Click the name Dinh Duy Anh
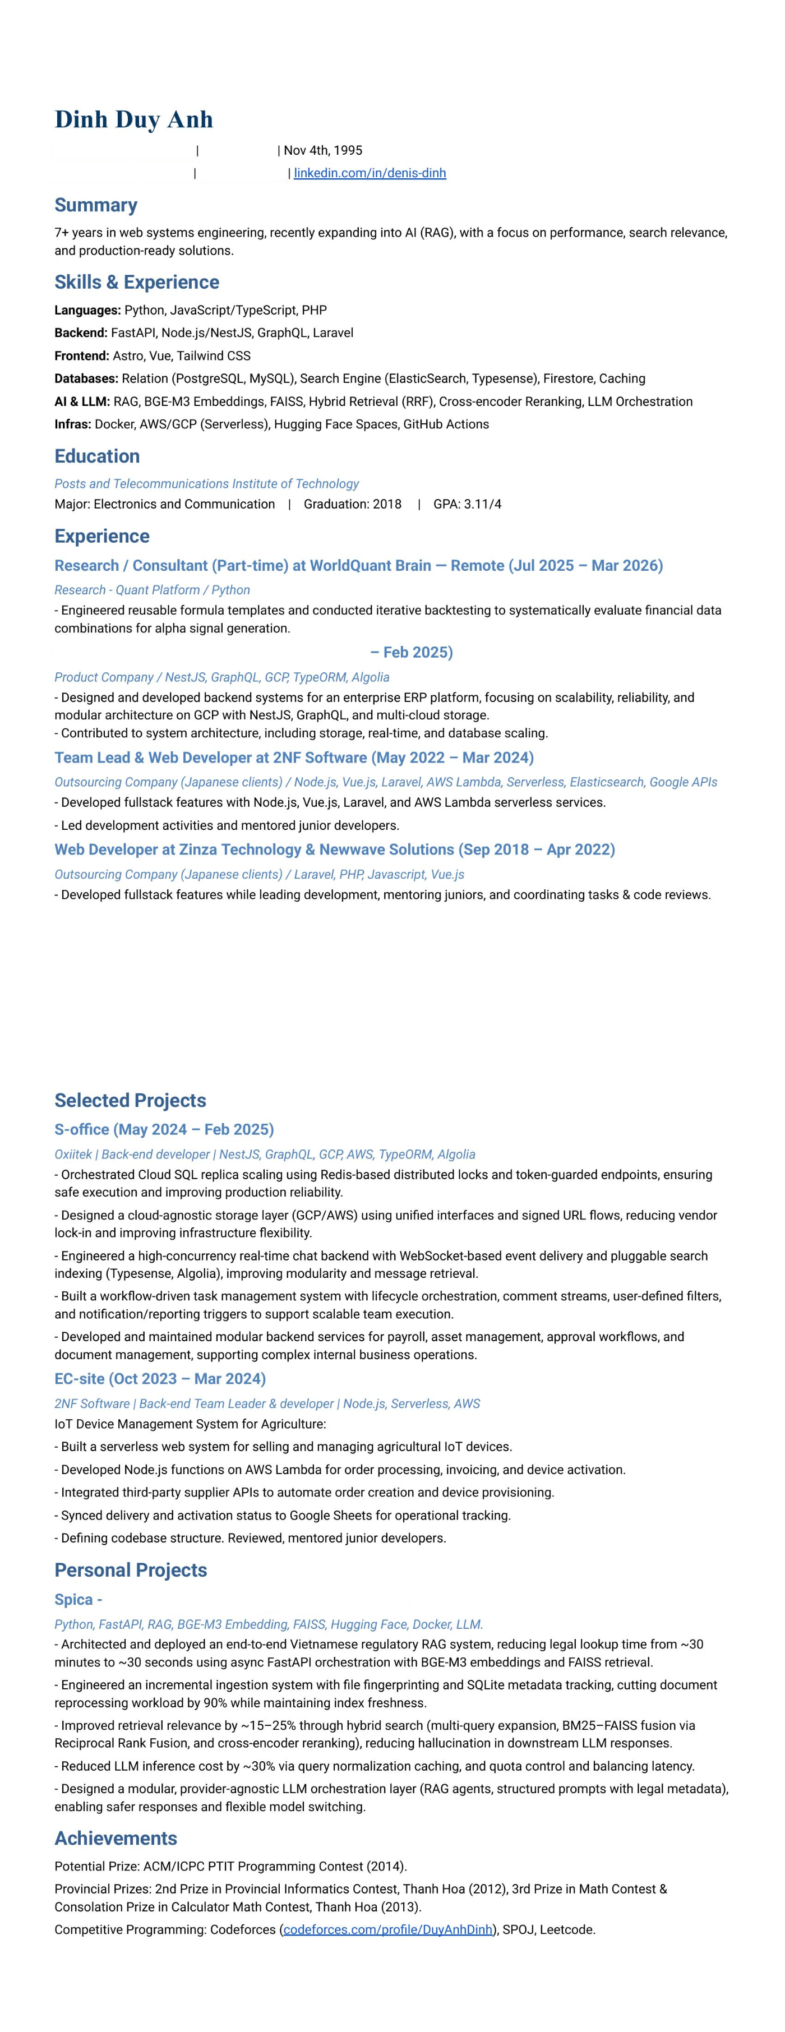tap(133, 119)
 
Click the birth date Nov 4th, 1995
tap(322, 150)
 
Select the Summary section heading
tap(95, 205)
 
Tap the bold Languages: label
tap(87, 310)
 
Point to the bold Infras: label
tap(72, 424)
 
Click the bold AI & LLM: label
tap(82, 401)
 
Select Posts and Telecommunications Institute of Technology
tap(206, 483)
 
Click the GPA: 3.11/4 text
tap(467, 504)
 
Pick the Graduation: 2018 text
tap(352, 504)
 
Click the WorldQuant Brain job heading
tap(358, 566)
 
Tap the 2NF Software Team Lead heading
tap(293, 758)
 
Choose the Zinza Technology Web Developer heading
tap(335, 849)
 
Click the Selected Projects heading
tap(130, 1101)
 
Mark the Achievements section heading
tap(115, 1839)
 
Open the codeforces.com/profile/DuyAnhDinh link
tap(387, 1929)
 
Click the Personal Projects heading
tap(130, 1571)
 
